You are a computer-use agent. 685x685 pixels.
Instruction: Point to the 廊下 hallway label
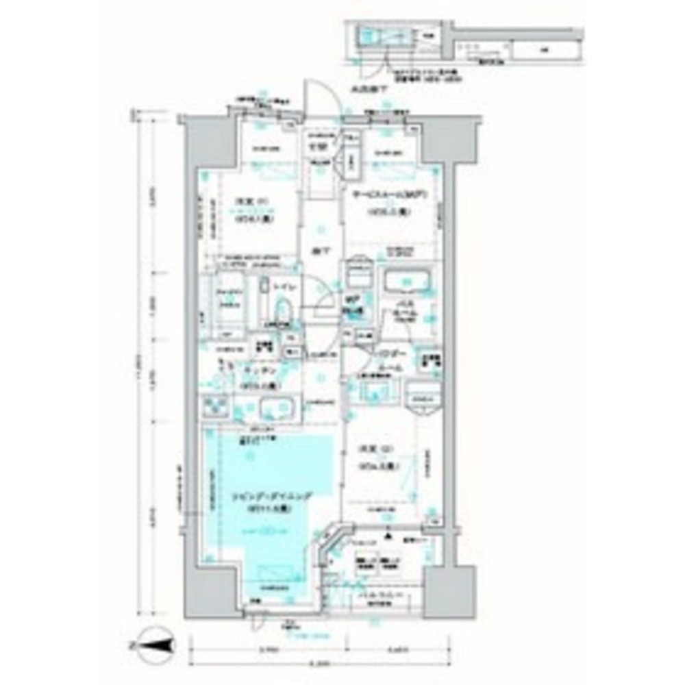click(x=319, y=251)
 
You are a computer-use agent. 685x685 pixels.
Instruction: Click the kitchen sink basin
click(x=277, y=410)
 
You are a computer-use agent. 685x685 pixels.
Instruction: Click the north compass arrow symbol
click(x=154, y=645)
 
